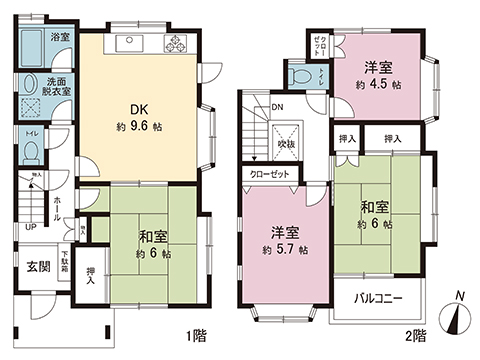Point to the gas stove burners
[x=178, y=44]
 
